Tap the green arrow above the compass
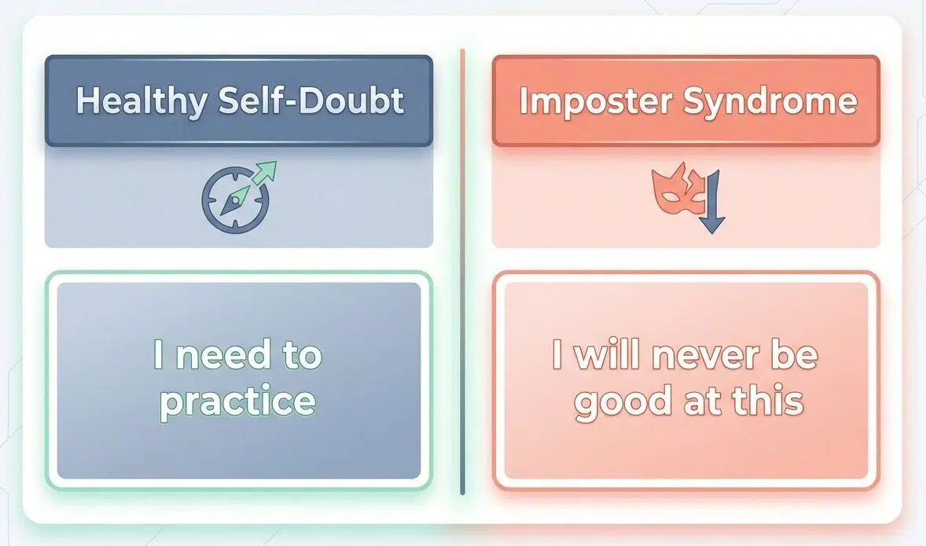(x=266, y=172)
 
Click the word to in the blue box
(x=301, y=356)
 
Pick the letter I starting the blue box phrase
(x=159, y=356)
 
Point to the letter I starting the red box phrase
(x=557, y=356)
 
